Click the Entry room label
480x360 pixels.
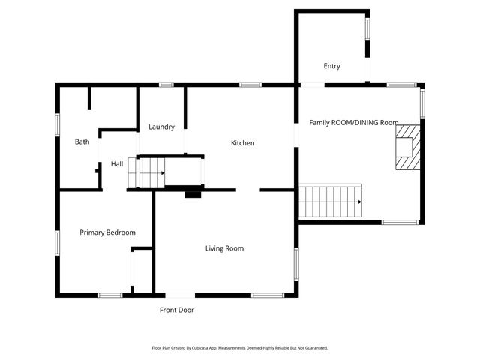331,66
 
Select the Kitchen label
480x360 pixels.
242,143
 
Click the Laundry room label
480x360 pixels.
161,127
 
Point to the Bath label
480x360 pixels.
82,142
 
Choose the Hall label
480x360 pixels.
117,164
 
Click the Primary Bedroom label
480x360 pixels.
107,232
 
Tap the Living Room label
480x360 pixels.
225,248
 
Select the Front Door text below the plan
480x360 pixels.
177,310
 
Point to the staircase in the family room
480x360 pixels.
331,201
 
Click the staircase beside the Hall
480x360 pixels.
146,172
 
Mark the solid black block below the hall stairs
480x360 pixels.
193,193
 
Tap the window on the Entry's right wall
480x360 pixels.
367,28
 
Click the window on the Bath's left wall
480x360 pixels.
58,124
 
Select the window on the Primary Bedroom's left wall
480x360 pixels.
58,242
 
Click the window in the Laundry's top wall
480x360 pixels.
166,85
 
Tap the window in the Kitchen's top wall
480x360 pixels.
250,85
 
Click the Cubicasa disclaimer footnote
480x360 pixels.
240,348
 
